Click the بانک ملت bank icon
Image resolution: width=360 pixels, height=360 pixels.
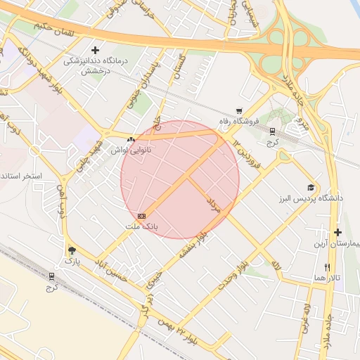coord(142,215)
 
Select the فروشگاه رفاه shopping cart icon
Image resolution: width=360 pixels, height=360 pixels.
coord(240,110)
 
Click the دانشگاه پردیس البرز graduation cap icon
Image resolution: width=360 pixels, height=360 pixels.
coord(310,188)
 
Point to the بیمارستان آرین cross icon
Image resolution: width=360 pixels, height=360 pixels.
coord(338,232)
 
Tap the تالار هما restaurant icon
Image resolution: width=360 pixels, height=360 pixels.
coord(327,267)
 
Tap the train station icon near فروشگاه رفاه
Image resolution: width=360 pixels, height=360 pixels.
coord(272,131)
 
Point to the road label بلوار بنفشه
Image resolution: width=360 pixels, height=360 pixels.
coord(195,247)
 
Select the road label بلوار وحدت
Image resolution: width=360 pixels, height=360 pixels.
coord(233,276)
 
